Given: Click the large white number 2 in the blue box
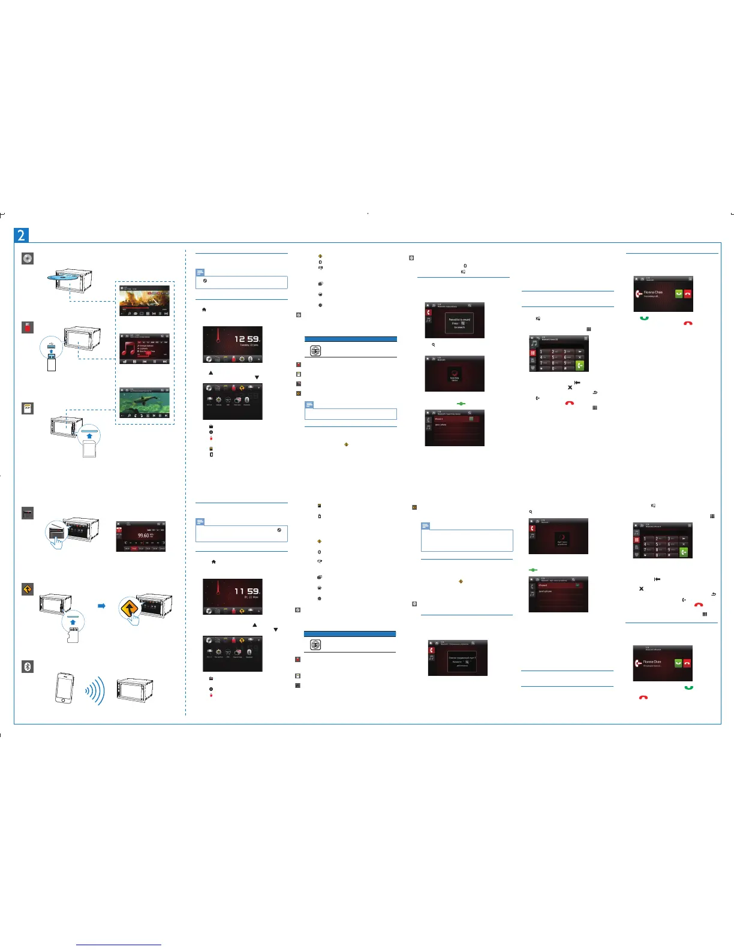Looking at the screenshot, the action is pyautogui.click(x=22, y=235).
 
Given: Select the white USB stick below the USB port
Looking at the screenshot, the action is pyautogui.click(x=52, y=362).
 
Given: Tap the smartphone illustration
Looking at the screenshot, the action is pyautogui.click(x=64, y=688).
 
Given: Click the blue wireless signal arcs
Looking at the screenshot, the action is pyautogui.click(x=96, y=690).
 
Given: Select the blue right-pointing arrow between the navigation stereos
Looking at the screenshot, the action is pyautogui.click(x=101, y=606).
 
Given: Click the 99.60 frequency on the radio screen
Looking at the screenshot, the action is pyautogui.click(x=143, y=536).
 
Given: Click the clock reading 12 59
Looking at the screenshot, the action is pyautogui.click(x=246, y=339).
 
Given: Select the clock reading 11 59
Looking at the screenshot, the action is pyautogui.click(x=246, y=591).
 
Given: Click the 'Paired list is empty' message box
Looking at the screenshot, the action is pyautogui.click(x=459, y=323).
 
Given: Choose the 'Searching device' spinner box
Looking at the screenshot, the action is pyautogui.click(x=455, y=377).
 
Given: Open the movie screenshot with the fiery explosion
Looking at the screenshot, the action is pyautogui.click(x=144, y=301).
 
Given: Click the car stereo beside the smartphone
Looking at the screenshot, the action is pyautogui.click(x=135, y=691).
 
